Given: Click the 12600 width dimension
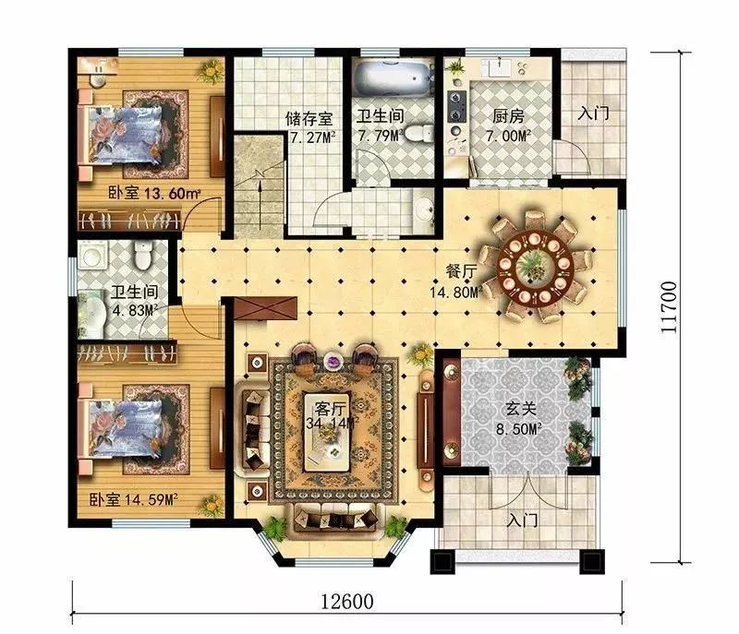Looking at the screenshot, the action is click(347, 601).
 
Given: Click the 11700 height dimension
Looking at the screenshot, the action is click(669, 307).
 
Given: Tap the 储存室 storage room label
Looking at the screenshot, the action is click(309, 119).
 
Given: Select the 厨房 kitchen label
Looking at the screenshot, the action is click(508, 116).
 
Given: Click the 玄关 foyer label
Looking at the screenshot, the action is click(521, 409).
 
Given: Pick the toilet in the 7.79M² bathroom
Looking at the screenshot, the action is click(418, 133).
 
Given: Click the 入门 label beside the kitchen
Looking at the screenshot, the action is click(593, 114).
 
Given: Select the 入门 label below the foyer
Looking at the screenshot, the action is click(523, 521).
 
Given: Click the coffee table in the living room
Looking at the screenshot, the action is click(327, 431).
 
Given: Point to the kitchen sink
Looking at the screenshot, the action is click(501, 67).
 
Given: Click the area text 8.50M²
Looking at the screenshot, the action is click(517, 429).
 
